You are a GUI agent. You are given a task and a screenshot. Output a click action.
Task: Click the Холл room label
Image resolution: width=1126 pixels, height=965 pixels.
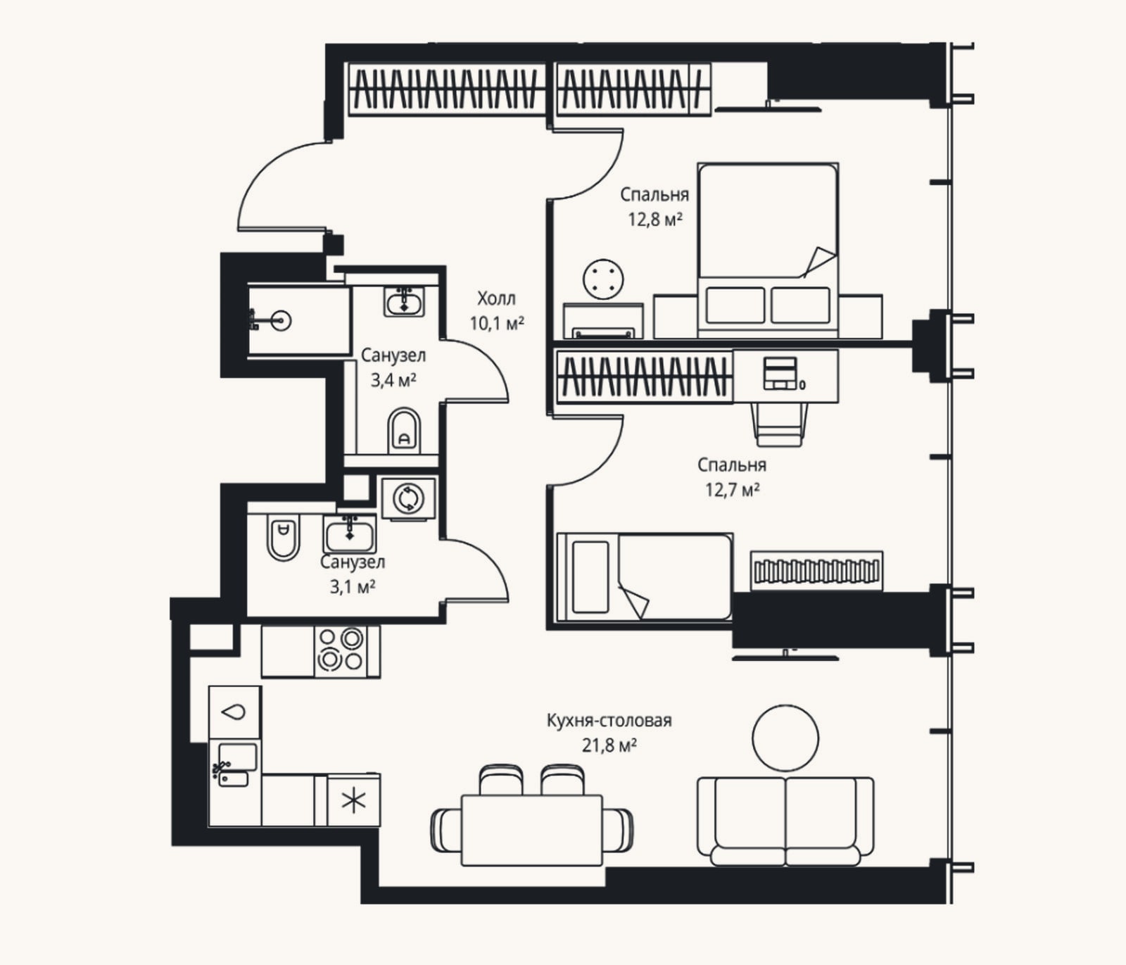click(496, 298)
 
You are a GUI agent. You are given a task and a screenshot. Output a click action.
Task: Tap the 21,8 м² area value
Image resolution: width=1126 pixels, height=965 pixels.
click(609, 745)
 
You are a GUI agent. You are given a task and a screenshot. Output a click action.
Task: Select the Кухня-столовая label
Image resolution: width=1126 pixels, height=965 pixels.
click(609, 721)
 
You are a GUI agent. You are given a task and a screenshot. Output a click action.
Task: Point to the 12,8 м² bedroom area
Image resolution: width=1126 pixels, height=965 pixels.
click(655, 219)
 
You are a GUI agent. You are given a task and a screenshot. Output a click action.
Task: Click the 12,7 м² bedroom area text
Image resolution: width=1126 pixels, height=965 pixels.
click(733, 489)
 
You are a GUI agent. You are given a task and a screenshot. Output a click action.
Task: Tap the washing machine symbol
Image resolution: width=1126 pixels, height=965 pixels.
click(407, 498)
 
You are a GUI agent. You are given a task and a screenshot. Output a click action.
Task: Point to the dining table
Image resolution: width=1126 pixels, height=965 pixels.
click(532, 831)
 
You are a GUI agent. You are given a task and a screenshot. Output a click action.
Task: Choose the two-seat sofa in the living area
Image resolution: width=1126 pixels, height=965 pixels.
click(785, 821)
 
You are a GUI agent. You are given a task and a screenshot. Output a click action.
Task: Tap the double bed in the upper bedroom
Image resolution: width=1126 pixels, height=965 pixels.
click(768, 250)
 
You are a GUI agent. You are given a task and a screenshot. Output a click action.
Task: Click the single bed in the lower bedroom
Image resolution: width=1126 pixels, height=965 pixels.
click(645, 577)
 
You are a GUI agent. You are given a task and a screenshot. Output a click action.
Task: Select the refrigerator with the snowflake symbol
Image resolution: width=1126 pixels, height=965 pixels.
click(354, 800)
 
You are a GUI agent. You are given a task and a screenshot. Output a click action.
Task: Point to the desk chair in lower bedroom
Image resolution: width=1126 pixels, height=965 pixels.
click(779, 424)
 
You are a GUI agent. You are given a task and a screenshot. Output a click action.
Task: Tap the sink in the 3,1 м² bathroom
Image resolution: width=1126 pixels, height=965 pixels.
click(350, 534)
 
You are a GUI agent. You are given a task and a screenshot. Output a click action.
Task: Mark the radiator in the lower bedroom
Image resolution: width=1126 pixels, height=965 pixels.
click(816, 571)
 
